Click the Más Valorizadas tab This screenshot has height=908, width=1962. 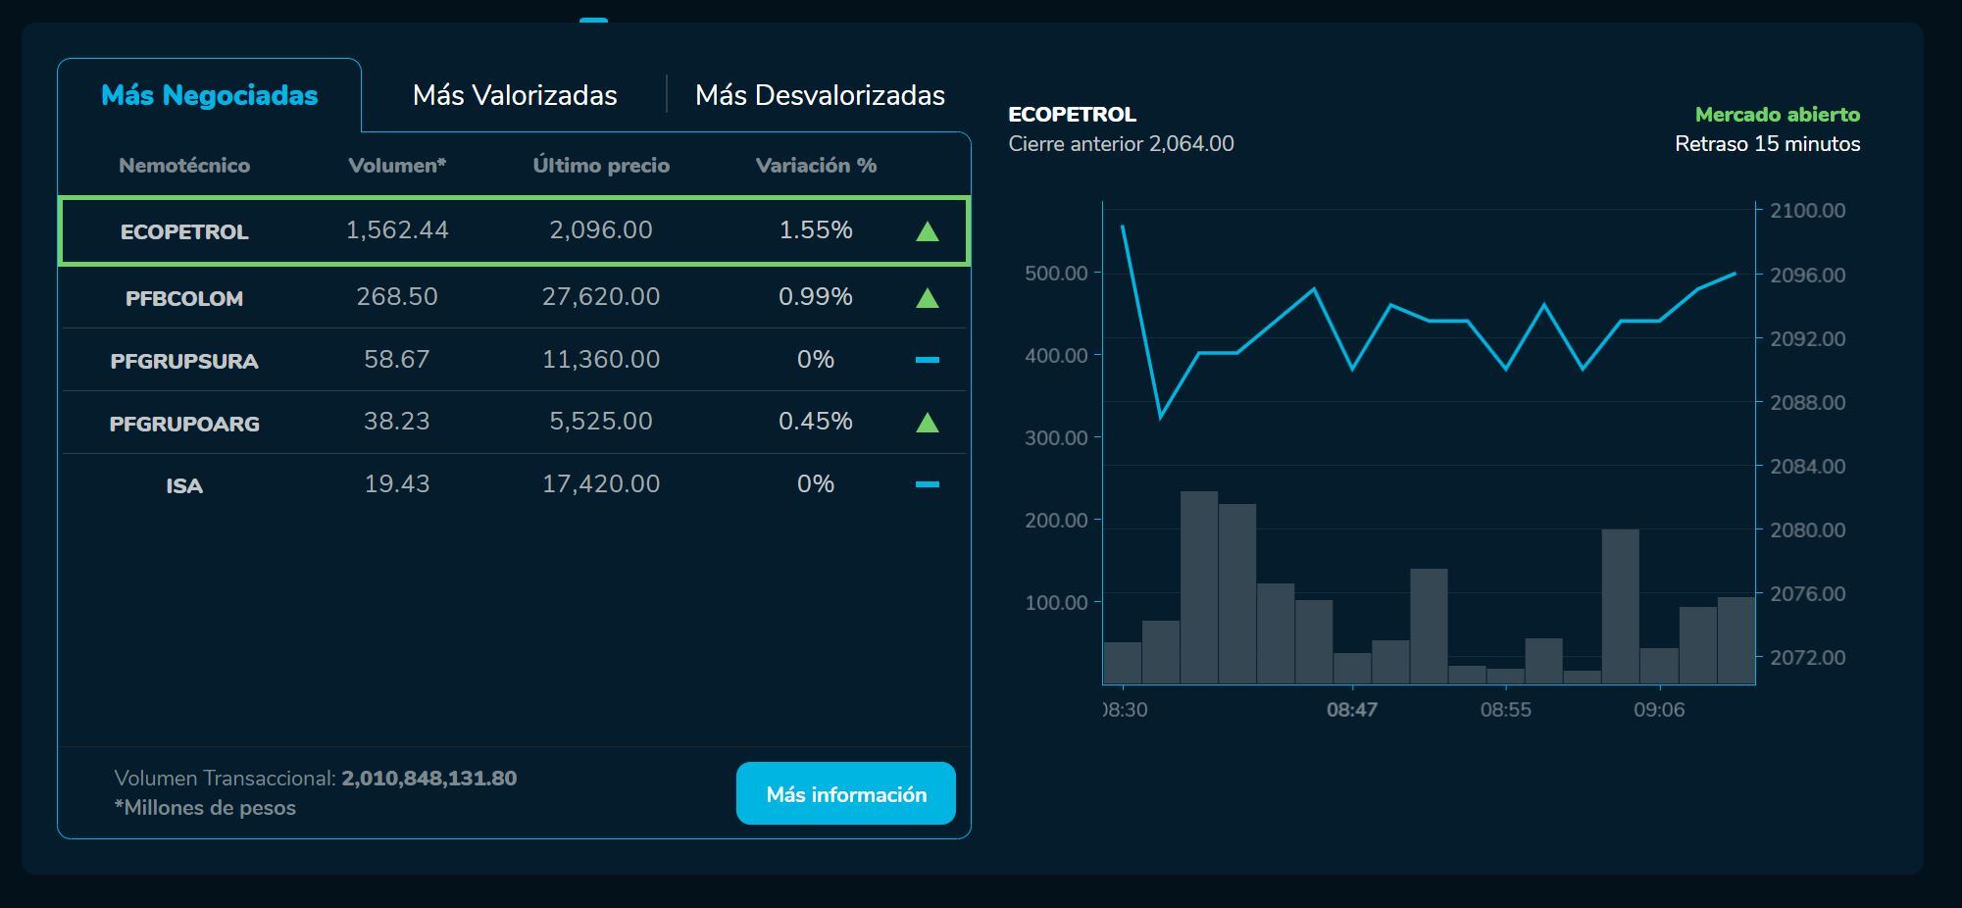point(515,95)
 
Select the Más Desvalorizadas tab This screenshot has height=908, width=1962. point(820,95)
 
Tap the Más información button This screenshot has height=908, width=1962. point(845,794)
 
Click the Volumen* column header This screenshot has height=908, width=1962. point(397,166)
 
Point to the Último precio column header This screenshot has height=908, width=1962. point(601,166)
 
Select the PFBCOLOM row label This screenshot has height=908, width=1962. point(184,298)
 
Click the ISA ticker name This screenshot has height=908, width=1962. point(184,485)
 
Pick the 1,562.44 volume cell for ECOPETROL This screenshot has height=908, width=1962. point(397,230)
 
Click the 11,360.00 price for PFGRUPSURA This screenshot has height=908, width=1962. point(601,360)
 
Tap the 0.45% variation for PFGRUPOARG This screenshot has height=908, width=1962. point(816,422)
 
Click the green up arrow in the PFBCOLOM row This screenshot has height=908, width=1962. point(927,298)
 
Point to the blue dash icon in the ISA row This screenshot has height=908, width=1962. point(927,484)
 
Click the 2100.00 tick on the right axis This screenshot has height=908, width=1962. point(1807,211)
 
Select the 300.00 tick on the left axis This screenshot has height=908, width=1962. point(1056,437)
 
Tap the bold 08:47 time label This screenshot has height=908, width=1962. point(1352,710)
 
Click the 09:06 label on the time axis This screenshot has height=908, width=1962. point(1659,710)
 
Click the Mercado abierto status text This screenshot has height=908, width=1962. point(1777,115)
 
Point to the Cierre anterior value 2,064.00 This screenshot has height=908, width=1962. point(1191,144)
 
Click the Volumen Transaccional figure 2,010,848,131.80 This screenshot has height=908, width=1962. point(428,779)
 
